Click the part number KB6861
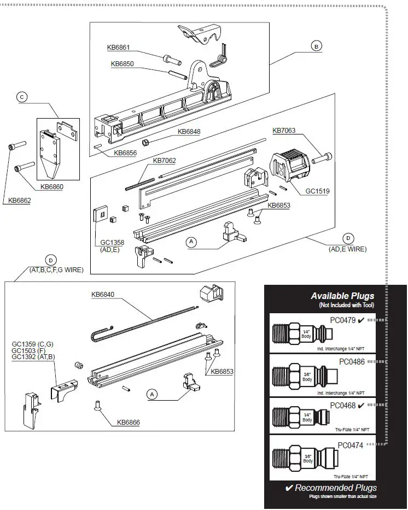(119, 48)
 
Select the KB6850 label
(123, 64)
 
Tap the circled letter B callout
(316, 46)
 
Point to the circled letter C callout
(22, 97)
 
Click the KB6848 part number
(189, 132)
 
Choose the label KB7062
(165, 161)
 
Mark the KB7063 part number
(284, 131)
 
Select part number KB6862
(20, 201)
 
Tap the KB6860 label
(52, 187)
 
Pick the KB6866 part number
(128, 422)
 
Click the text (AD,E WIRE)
(347, 249)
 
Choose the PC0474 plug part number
(350, 445)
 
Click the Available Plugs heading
(342, 296)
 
